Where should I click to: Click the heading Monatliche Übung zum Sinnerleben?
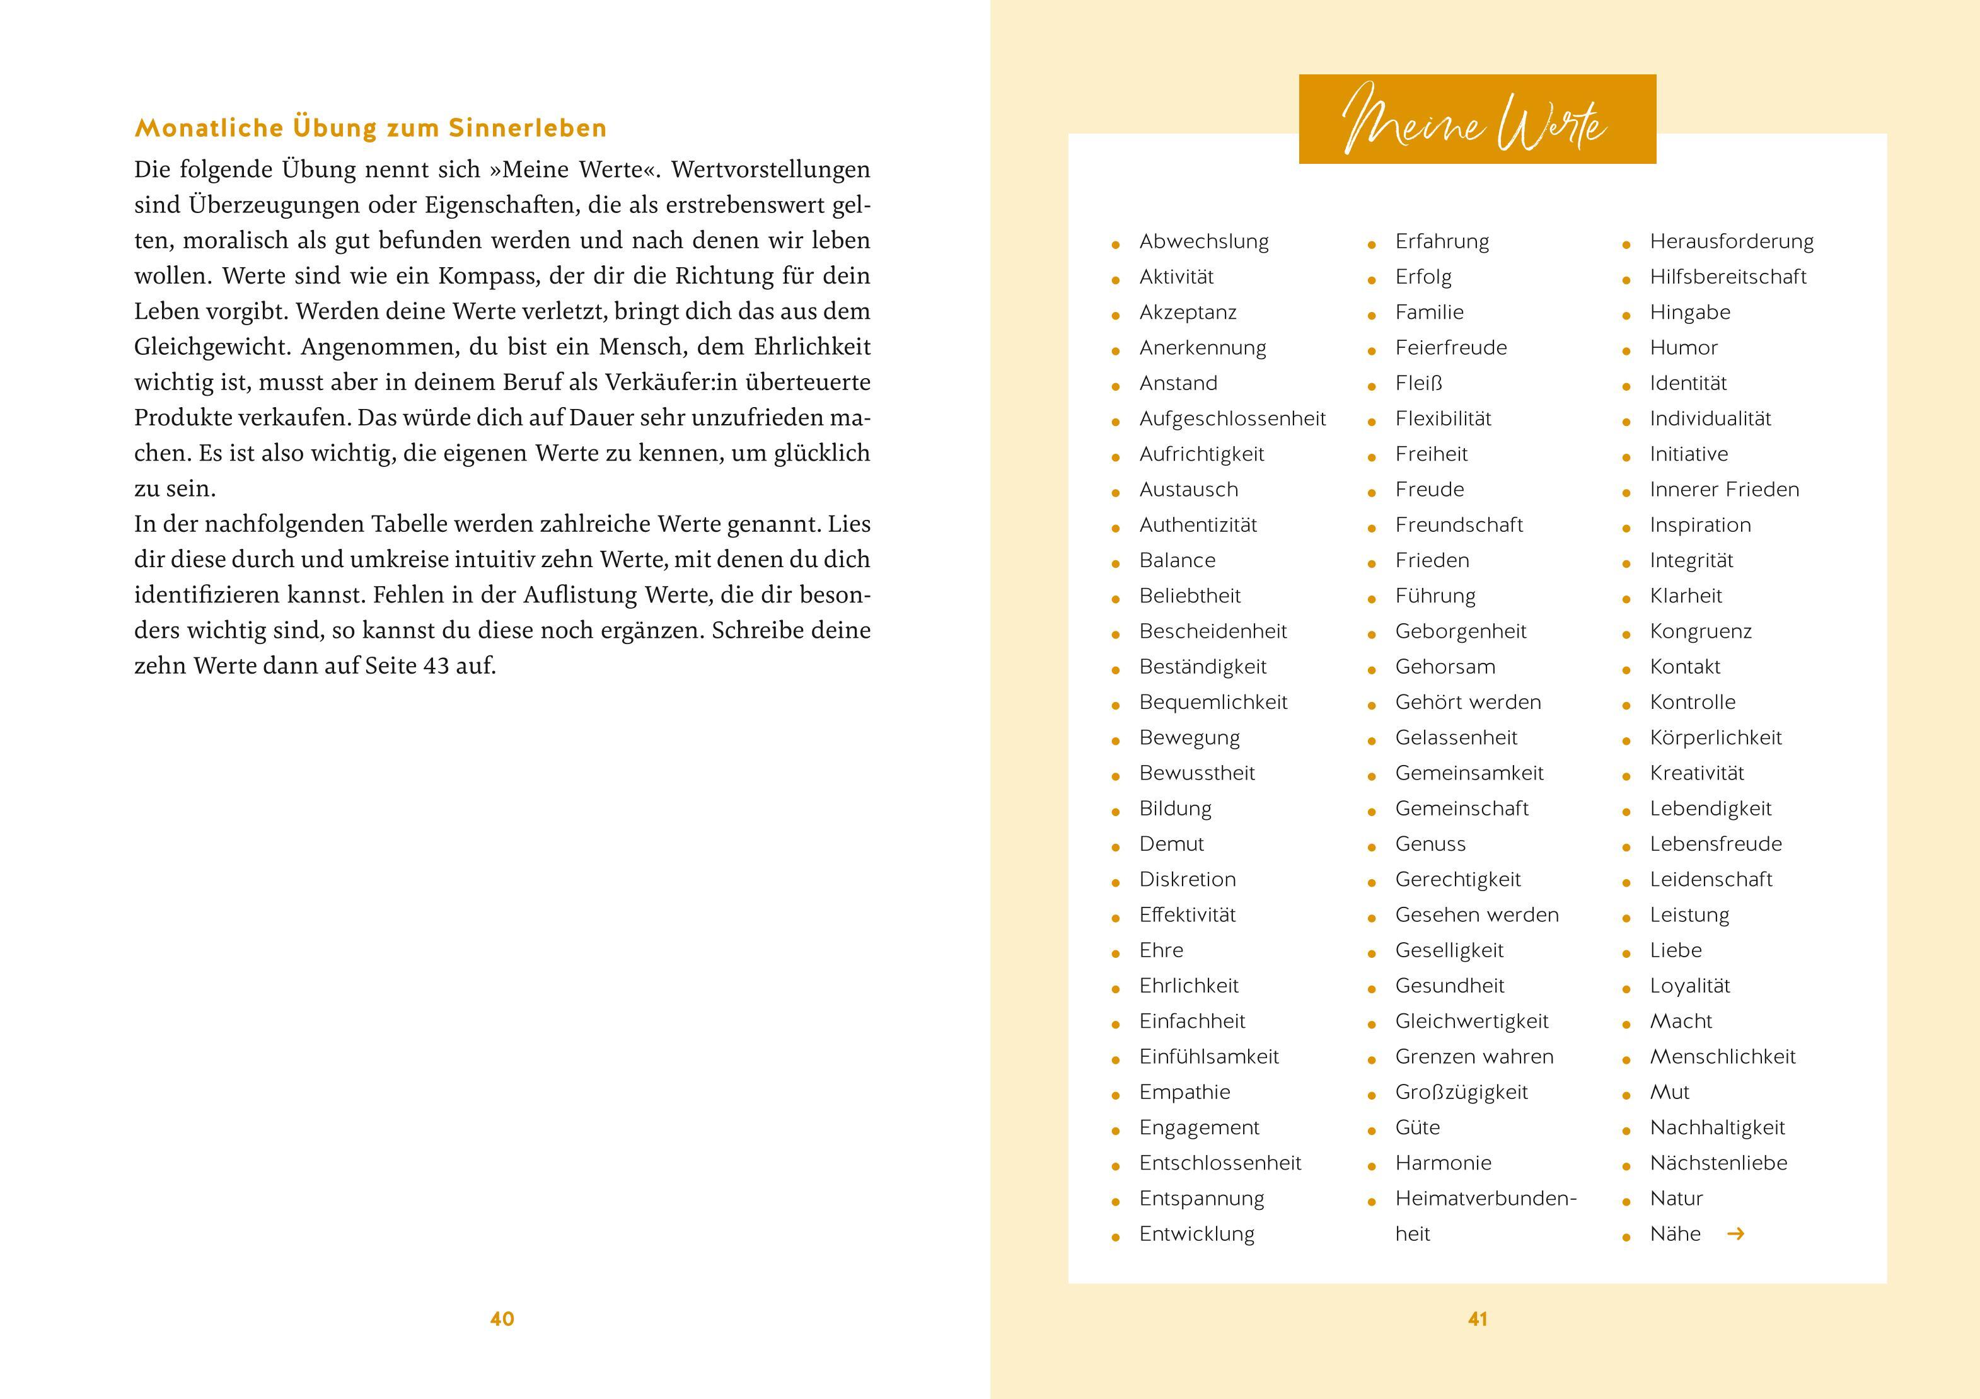pyautogui.click(x=371, y=129)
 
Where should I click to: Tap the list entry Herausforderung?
pyautogui.click(x=1731, y=241)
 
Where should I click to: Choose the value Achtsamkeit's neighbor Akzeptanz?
pyautogui.click(x=1188, y=312)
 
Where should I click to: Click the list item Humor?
pyautogui.click(x=1683, y=347)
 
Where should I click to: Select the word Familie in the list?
pyautogui.click(x=1429, y=312)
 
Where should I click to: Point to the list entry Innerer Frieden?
pyautogui.click(x=1724, y=490)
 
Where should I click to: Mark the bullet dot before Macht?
pyautogui.click(x=1626, y=1024)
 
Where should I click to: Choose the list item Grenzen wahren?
pyautogui.click(x=1474, y=1057)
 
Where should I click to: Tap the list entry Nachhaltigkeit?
pyautogui.click(x=1717, y=1127)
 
